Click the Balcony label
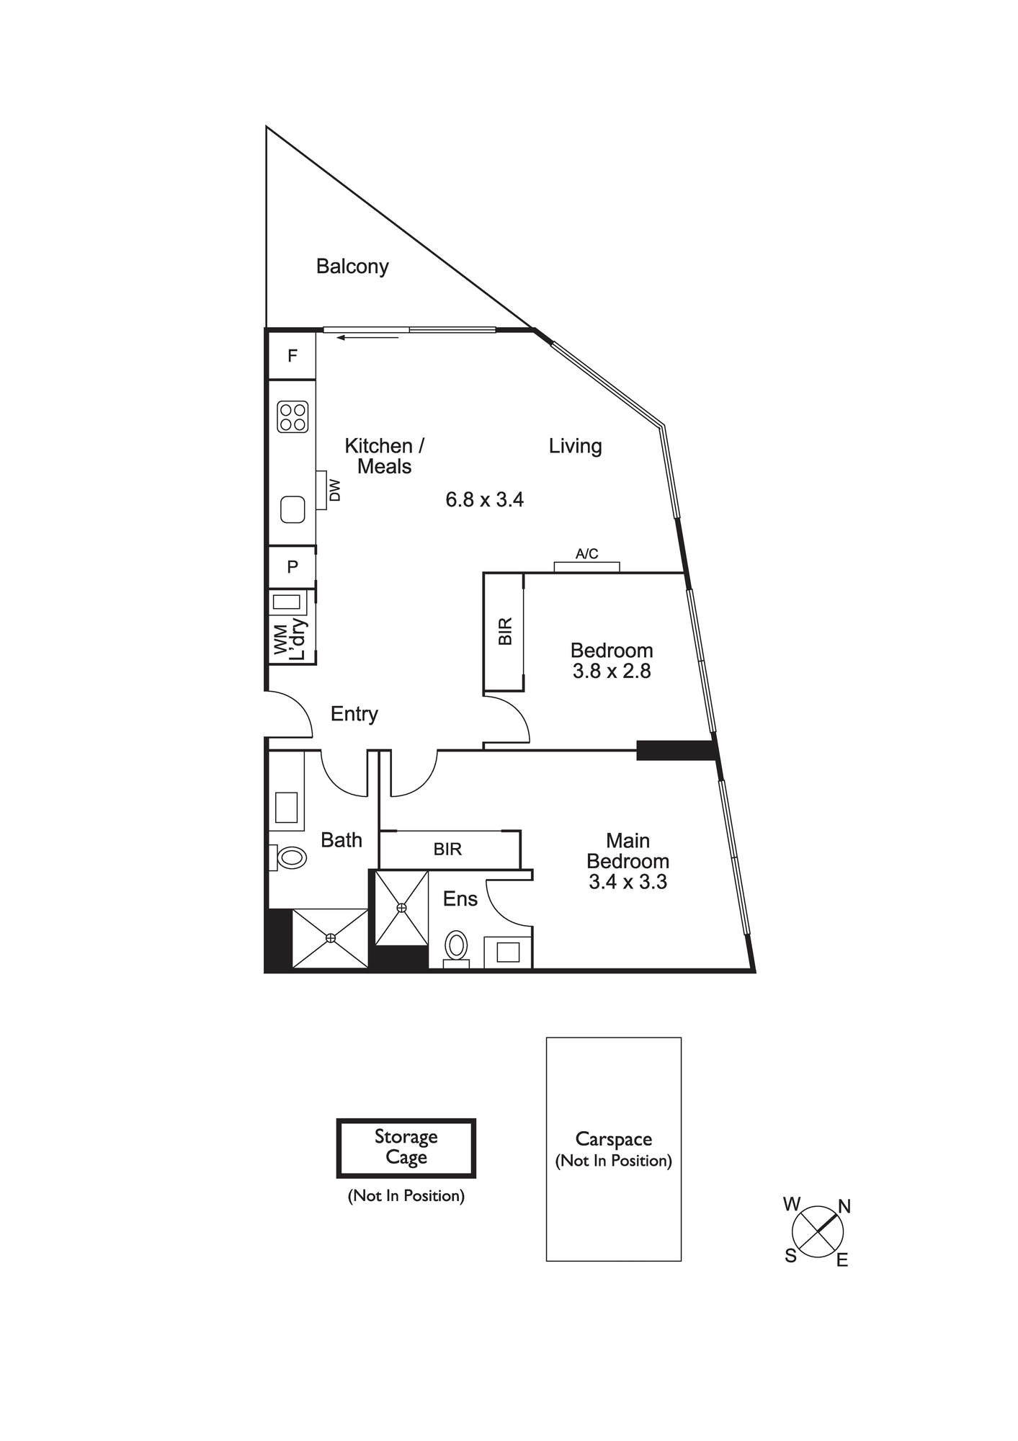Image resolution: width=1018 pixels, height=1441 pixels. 352,267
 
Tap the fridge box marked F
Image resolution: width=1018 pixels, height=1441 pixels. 292,355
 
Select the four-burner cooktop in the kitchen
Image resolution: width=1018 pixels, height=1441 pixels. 293,416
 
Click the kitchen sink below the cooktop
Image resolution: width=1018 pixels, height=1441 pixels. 293,510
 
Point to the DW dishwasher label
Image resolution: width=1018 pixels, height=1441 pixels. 334,491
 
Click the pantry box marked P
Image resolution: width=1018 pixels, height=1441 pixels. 292,567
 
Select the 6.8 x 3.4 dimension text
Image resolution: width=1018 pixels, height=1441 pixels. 484,499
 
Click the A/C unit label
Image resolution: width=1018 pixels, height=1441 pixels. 586,554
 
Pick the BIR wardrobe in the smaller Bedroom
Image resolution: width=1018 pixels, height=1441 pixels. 504,632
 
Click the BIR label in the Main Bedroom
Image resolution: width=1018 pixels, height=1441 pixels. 447,849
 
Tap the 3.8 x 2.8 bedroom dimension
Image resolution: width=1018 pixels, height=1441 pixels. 612,672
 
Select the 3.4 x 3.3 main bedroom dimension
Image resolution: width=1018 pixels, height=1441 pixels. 628,882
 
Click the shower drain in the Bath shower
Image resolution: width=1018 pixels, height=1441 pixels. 331,937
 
